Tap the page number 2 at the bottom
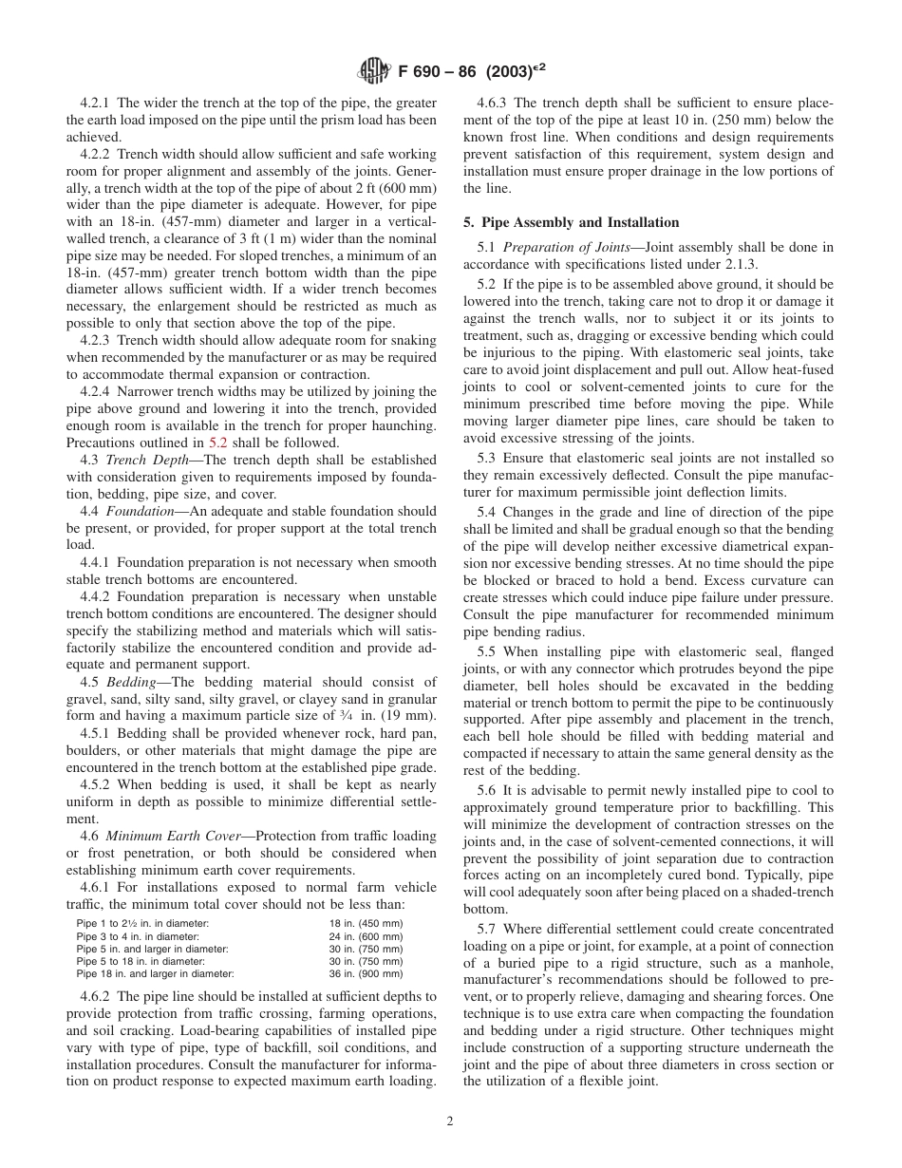[450, 1121]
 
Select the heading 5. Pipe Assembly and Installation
[571, 222]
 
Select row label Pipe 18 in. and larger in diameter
[155, 973]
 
